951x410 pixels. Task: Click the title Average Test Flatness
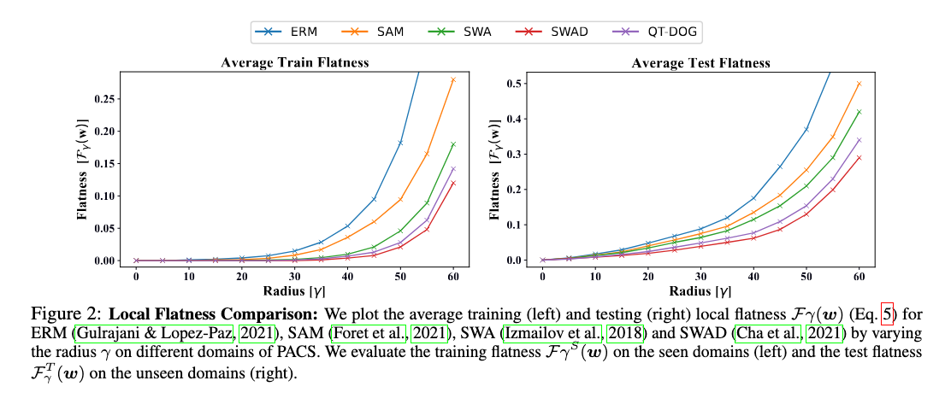pos(700,62)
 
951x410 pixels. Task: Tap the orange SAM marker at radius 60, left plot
pos(453,79)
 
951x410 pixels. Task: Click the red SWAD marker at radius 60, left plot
pos(453,183)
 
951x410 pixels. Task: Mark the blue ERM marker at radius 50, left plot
pos(400,143)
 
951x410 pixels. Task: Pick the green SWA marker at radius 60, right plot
pos(859,112)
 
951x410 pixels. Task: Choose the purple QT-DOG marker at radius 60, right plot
pos(859,140)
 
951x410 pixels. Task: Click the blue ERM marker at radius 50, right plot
pos(806,130)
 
